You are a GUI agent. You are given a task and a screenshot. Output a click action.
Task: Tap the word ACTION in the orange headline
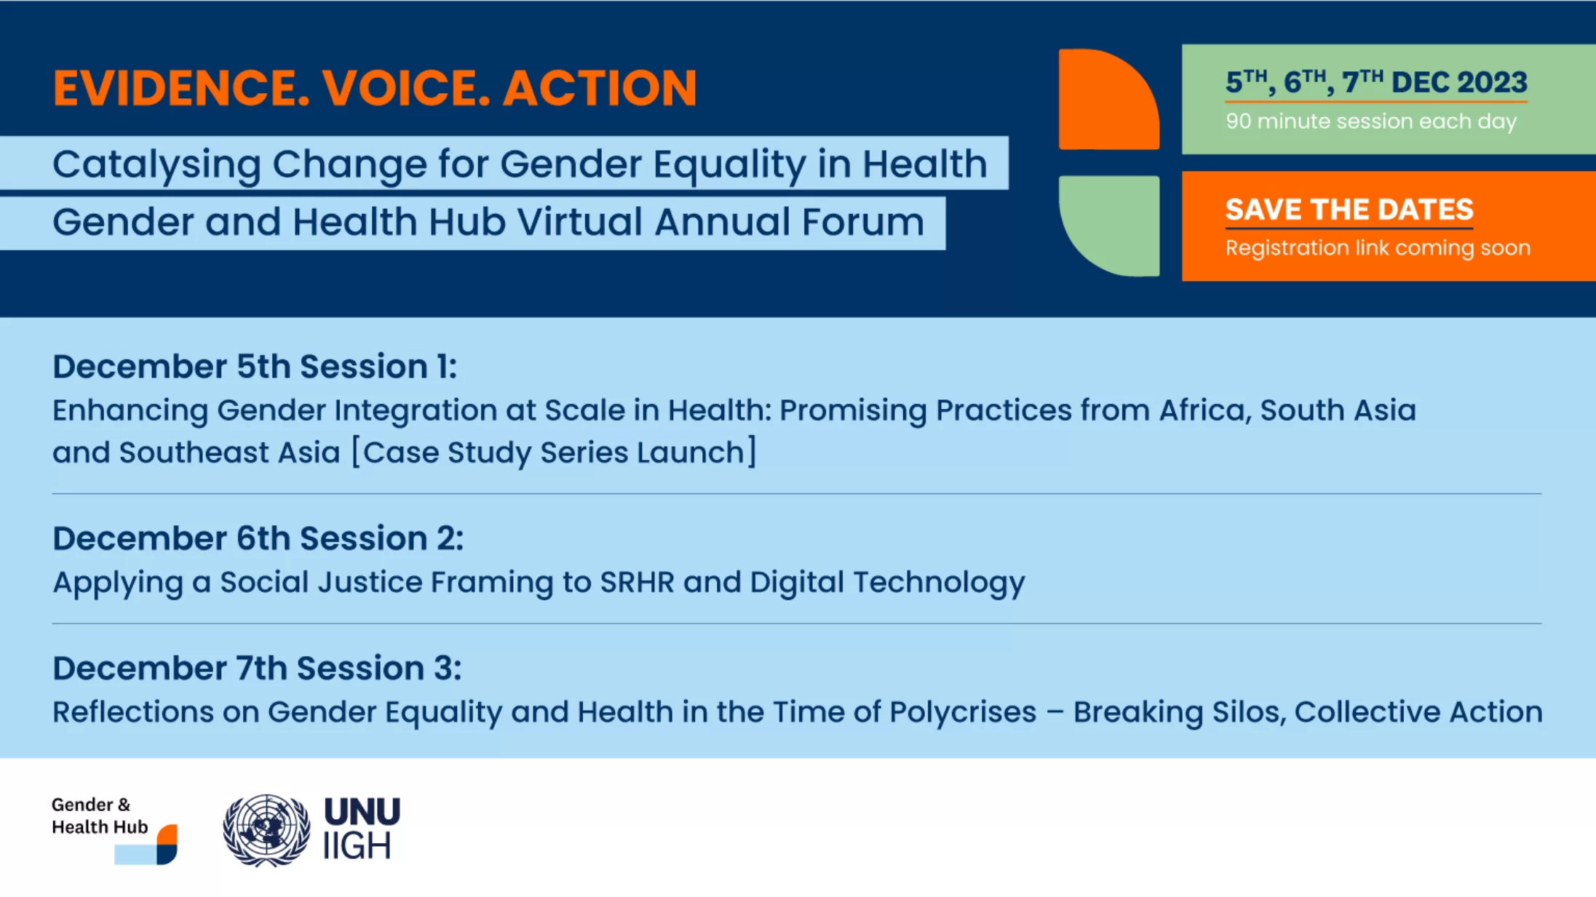600,88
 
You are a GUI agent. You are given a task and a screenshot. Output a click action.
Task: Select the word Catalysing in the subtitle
156,165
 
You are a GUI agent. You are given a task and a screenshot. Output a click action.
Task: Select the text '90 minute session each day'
1371,121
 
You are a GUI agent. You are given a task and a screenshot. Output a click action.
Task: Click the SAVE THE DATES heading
1349,210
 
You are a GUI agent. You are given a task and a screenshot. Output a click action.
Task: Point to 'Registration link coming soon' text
1378,248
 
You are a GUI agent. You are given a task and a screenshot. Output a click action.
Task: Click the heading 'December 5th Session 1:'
255,366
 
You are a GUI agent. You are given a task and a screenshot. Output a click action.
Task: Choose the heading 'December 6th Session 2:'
258,538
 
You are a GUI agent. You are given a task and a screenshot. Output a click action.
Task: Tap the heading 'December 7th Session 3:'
257,668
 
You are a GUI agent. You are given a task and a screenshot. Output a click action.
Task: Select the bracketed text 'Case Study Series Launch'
554,453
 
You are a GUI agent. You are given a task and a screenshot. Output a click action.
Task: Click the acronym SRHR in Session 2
637,582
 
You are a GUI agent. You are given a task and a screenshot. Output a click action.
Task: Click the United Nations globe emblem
266,830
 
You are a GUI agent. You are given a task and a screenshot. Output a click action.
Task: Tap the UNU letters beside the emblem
362,811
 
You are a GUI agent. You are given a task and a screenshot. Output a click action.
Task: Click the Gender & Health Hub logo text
100,816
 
